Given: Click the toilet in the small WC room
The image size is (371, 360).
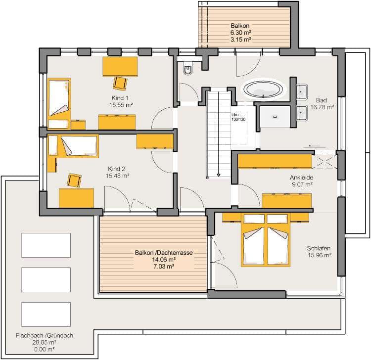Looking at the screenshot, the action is [187, 69].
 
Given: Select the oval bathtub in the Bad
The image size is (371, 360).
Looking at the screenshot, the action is [263, 90].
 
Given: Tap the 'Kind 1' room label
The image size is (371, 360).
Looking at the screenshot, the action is [120, 98].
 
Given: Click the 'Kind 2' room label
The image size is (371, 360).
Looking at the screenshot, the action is [116, 169].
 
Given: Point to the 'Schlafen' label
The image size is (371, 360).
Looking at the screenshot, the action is [319, 248].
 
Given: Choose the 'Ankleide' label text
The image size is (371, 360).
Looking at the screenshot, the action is [301, 178].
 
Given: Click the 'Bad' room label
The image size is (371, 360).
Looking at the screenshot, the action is [322, 100].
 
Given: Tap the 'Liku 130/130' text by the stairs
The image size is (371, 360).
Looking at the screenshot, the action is [238, 117].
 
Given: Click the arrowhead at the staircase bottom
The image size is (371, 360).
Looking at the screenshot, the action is [218, 175].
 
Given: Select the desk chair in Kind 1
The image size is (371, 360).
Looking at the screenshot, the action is [120, 83].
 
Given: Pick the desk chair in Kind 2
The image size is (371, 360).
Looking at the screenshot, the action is [74, 180].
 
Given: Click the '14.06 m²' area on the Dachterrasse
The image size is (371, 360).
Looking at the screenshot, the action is [164, 260].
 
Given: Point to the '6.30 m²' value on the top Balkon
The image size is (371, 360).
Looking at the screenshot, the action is [240, 33].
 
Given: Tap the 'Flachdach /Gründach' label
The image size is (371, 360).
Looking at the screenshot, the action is [44, 335].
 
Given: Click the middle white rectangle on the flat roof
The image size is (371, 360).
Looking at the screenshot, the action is [46, 280].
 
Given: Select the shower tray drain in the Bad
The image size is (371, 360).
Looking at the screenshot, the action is [275, 117].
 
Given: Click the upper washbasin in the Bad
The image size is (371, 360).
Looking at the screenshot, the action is [302, 92].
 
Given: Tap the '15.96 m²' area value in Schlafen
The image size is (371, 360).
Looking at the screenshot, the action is [319, 255].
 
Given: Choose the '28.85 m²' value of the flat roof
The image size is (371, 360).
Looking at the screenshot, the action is [44, 342].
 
